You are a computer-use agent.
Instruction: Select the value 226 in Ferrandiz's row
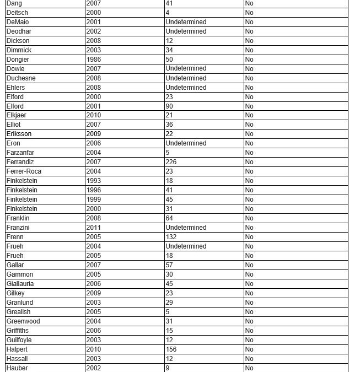[x=171, y=162]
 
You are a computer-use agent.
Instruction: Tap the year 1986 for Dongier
[x=94, y=60]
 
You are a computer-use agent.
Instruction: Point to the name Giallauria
[x=20, y=284]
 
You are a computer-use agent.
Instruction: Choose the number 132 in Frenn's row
[x=171, y=237]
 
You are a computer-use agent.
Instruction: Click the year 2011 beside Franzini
[x=94, y=228]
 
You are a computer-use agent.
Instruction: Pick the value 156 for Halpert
[x=171, y=349]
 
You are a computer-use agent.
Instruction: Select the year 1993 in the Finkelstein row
[x=94, y=181]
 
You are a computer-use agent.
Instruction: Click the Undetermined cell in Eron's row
[x=186, y=143]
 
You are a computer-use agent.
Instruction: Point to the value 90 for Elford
[x=169, y=106]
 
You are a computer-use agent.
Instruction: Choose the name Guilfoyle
[x=19, y=340]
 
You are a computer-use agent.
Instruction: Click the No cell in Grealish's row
[x=249, y=312]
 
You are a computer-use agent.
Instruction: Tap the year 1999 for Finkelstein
[x=94, y=200]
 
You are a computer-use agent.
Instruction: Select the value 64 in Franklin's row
[x=169, y=218]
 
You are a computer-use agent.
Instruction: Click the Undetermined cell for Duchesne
[x=186, y=78]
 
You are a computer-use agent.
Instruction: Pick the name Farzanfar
[x=20, y=153]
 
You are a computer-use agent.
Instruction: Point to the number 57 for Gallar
[x=169, y=265]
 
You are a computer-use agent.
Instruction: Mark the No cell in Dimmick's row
[x=249, y=50]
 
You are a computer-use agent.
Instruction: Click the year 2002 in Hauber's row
[x=94, y=368]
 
